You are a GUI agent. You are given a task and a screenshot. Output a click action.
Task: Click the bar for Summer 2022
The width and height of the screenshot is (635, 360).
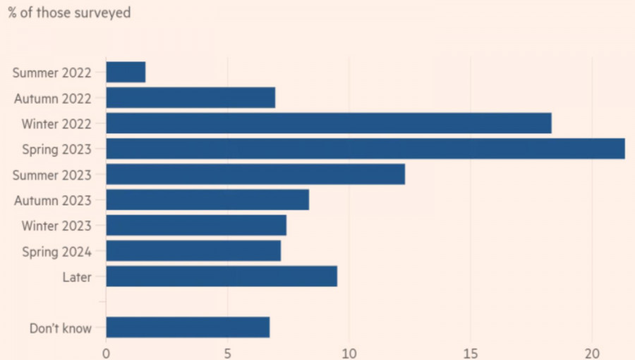[126, 72]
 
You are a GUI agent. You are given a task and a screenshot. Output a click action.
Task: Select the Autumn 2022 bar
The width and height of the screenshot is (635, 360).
[190, 97]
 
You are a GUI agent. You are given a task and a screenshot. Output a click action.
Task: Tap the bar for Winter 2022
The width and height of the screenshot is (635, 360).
[328, 123]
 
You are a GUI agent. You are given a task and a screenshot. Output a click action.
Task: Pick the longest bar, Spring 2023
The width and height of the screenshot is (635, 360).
[365, 148]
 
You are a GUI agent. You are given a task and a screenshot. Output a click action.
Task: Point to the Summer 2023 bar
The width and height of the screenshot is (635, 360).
[255, 174]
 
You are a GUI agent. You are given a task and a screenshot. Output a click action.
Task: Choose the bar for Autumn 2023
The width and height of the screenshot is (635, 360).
[207, 200]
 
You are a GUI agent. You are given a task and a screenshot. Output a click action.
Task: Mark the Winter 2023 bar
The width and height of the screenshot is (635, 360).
[196, 225]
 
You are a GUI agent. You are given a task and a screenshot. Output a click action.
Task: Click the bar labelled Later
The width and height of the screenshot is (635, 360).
[222, 276]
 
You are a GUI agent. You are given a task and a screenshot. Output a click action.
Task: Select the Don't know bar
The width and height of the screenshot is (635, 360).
[188, 328]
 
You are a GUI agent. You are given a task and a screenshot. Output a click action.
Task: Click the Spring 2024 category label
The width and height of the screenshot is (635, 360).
[56, 251]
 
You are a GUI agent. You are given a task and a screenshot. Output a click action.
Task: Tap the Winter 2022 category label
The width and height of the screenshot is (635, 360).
[56, 124]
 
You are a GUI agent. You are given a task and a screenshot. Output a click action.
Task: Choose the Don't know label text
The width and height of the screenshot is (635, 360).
[61, 328]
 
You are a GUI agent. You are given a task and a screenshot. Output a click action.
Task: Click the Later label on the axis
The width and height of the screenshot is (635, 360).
[77, 277]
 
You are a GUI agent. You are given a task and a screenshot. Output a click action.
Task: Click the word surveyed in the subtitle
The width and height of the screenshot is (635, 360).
[102, 13]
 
